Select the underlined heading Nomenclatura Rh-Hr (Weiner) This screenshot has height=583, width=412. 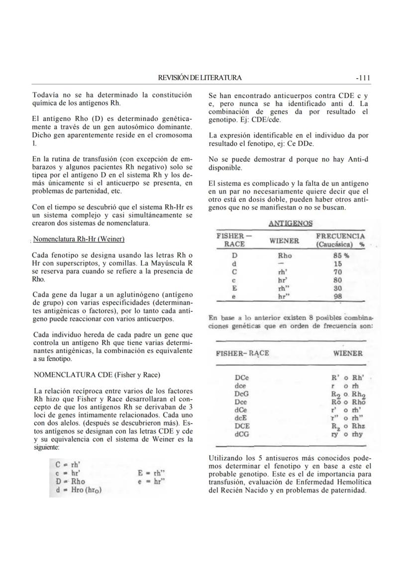(79, 239)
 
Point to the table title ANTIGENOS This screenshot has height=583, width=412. (291, 224)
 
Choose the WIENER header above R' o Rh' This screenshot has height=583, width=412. (347, 353)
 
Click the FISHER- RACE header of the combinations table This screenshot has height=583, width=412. (242, 353)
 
